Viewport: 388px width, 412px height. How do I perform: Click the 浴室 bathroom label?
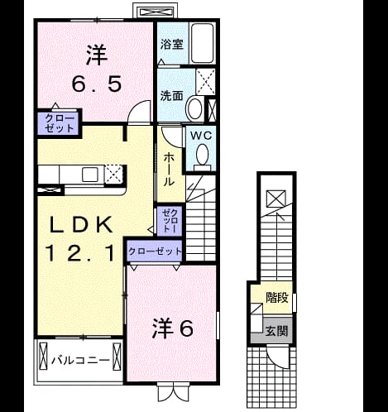pyautogui.click(x=172, y=44)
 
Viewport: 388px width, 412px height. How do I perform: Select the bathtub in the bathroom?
pyautogui.click(x=203, y=43)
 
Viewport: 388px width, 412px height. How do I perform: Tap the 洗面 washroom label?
pyautogui.click(x=172, y=96)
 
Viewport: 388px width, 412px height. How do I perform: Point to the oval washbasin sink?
pyautogui.click(x=195, y=108)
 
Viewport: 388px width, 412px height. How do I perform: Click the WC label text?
pyautogui.click(x=201, y=136)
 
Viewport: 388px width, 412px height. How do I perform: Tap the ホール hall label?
pyautogui.click(x=169, y=170)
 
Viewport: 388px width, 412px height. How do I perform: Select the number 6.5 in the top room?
pyautogui.click(x=97, y=84)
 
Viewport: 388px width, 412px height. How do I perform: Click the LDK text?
pyautogui.click(x=81, y=225)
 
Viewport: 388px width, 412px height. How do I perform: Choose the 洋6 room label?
pyautogui.click(x=172, y=328)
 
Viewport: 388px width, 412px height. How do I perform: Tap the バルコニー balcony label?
pyautogui.click(x=80, y=360)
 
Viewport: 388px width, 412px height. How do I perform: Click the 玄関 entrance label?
pyautogui.click(x=276, y=331)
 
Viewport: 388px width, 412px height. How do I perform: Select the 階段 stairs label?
pyautogui.click(x=277, y=298)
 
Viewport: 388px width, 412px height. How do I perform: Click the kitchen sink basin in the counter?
pyautogui.click(x=90, y=175)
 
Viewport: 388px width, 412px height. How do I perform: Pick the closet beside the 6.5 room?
pyautogui.click(x=60, y=123)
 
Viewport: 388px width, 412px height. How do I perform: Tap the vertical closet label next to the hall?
pyautogui.click(x=170, y=221)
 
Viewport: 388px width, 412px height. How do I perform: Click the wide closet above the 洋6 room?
pyautogui.click(x=155, y=251)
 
